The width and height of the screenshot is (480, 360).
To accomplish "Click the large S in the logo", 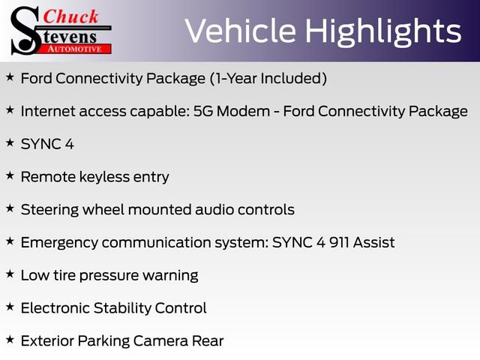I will pyautogui.click(x=23, y=30).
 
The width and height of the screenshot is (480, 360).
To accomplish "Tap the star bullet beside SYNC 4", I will pyautogui.click(x=9, y=142).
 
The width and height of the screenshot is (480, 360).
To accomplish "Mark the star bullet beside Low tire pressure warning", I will pyautogui.click(x=9, y=274).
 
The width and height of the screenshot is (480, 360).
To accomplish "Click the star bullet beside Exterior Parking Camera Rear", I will pyautogui.click(x=9, y=340).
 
